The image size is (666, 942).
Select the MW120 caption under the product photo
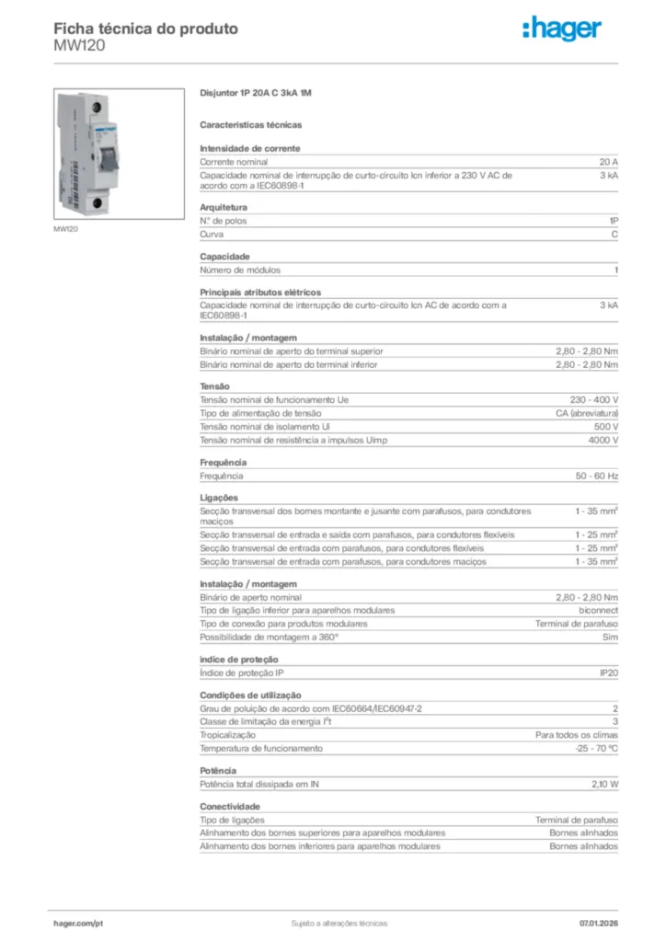pos(66,229)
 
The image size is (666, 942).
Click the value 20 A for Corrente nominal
pos(609,162)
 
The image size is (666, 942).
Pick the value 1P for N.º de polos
pos(613,221)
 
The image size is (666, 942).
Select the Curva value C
pos(614,234)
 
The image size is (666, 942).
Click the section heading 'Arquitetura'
pos(224,207)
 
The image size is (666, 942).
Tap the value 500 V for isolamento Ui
pos(606,427)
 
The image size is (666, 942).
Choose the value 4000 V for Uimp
pos(603,441)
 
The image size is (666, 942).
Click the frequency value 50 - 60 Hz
pos(597,476)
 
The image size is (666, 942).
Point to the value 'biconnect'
pos(598,610)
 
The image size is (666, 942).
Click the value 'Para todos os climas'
pos(577,735)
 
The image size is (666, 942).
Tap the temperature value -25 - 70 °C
pos(596,748)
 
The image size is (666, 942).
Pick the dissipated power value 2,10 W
pos(604,784)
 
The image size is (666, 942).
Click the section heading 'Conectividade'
pos(230,806)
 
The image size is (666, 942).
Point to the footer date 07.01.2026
pos(598,923)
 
